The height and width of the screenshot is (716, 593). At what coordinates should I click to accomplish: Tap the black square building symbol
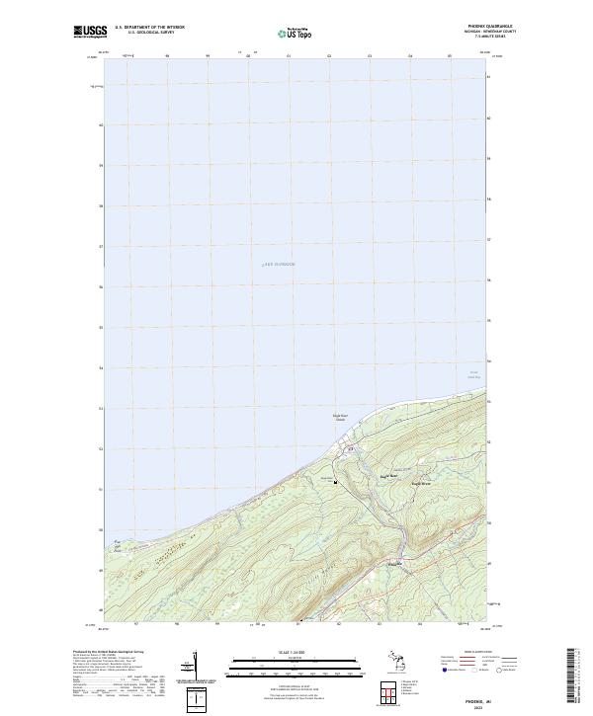click(x=336, y=482)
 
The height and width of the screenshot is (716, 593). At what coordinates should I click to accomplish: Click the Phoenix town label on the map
click(x=395, y=564)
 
